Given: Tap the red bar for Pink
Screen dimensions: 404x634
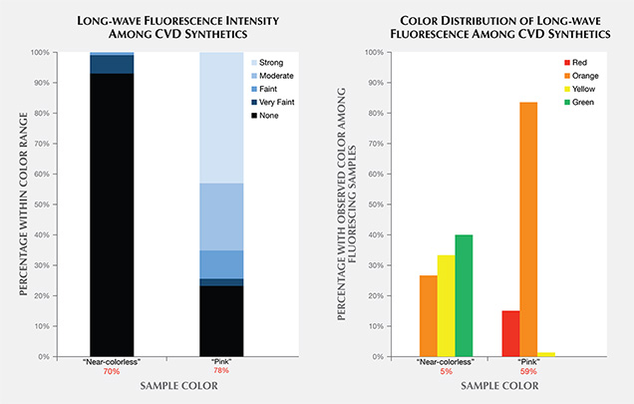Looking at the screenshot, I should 510,333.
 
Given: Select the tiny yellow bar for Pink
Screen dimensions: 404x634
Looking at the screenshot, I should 547,354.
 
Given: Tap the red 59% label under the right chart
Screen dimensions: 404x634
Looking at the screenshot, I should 528,372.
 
